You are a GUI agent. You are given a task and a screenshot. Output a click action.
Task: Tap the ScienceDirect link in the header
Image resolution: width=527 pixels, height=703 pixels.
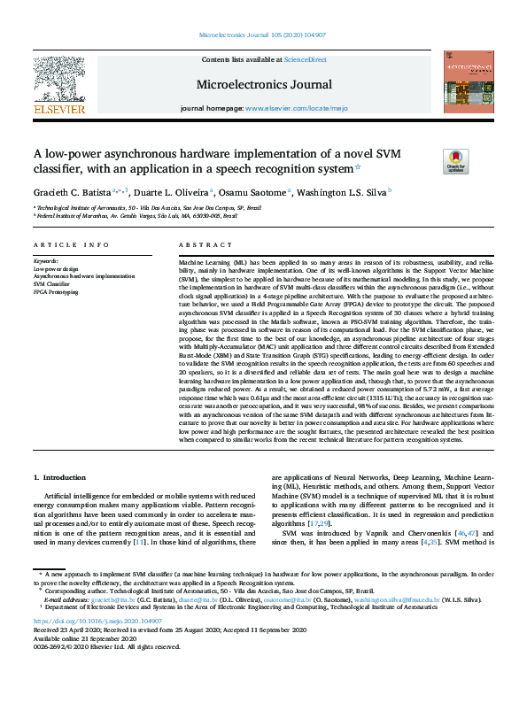point(305,60)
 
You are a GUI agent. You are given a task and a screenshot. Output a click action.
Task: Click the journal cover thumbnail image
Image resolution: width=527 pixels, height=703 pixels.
point(469,81)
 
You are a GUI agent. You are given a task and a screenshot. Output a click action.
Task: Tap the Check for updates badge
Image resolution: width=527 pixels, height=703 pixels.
point(455,161)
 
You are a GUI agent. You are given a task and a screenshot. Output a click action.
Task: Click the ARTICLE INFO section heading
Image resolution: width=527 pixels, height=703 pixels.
point(71,244)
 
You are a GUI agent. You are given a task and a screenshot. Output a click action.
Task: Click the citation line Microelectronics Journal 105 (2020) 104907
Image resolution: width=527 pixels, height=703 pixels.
point(263,35)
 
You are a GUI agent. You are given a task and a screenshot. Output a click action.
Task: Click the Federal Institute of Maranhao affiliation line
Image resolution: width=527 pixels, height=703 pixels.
point(136,215)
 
